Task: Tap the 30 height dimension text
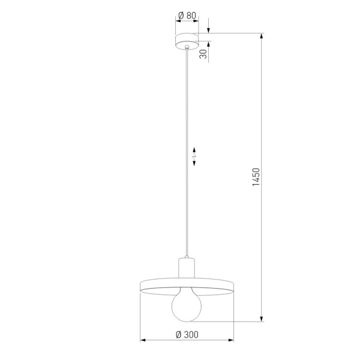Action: [x=204, y=54]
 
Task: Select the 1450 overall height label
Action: [x=256, y=178]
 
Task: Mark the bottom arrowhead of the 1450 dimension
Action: [x=262, y=319]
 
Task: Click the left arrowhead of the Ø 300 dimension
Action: [x=143, y=341]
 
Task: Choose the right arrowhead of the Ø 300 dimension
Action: [x=231, y=341]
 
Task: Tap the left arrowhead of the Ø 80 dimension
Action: [x=178, y=21]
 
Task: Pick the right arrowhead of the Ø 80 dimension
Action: [x=196, y=21]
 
